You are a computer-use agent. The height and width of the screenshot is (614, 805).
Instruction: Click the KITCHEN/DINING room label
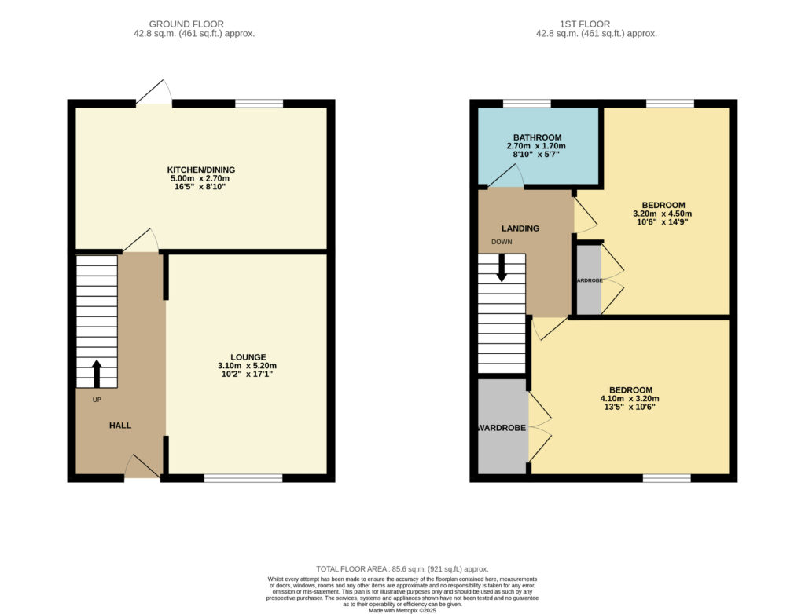pyautogui.click(x=200, y=170)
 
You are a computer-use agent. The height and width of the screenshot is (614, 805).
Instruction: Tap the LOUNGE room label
pyautogui.click(x=248, y=357)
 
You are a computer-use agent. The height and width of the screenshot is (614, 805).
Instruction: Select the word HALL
pyautogui.click(x=120, y=426)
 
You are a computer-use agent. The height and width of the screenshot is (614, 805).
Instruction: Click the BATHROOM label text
pyautogui.click(x=537, y=137)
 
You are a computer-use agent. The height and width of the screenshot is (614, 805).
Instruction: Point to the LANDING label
pyautogui.click(x=520, y=228)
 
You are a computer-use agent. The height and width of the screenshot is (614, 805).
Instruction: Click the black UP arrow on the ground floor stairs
pyautogui.click(x=97, y=374)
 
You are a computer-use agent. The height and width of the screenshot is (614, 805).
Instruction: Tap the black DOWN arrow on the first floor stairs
pyautogui.click(x=502, y=267)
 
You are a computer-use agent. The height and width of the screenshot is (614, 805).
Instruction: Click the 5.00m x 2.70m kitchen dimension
pyautogui.click(x=200, y=178)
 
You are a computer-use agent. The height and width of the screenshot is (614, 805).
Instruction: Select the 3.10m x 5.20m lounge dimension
pyautogui.click(x=247, y=366)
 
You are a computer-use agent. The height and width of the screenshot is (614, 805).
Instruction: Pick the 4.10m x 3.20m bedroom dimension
pyautogui.click(x=630, y=399)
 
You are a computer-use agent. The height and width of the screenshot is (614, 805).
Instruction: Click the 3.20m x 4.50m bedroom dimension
pyautogui.click(x=662, y=214)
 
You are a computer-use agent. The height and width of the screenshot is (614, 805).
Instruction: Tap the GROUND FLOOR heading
pyautogui.click(x=186, y=24)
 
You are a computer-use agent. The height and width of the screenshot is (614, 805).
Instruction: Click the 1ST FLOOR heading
pyautogui.click(x=585, y=24)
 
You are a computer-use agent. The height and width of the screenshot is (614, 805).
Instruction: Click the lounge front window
pyautogui.click(x=244, y=478)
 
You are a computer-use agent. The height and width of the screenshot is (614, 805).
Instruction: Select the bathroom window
pyautogui.click(x=527, y=103)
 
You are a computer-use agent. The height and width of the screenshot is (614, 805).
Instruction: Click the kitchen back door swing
pyautogui.click(x=154, y=93)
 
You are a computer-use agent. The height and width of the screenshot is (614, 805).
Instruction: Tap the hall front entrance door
pyautogui.click(x=143, y=466)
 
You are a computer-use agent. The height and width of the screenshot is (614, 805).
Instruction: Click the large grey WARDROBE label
pyautogui.click(x=502, y=428)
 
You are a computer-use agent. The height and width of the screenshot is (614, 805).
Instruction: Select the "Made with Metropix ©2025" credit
pyautogui.click(x=402, y=610)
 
